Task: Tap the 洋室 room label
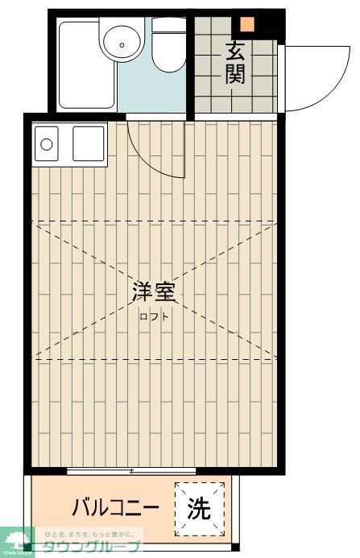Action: (x=154, y=291)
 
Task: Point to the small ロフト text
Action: (x=154, y=316)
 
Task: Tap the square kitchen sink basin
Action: (x=88, y=145)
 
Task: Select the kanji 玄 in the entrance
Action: (x=234, y=51)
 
